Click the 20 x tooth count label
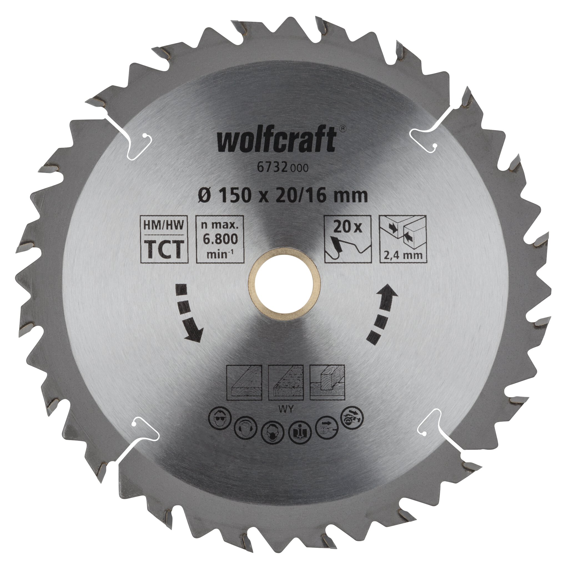348,227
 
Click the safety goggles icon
220,421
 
